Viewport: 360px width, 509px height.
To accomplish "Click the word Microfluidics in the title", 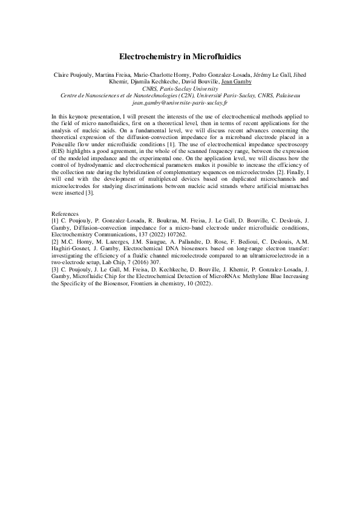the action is point(217,56).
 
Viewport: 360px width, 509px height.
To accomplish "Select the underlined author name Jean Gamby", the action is point(237,81).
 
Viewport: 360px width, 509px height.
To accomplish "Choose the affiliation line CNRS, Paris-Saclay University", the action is point(180,88).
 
